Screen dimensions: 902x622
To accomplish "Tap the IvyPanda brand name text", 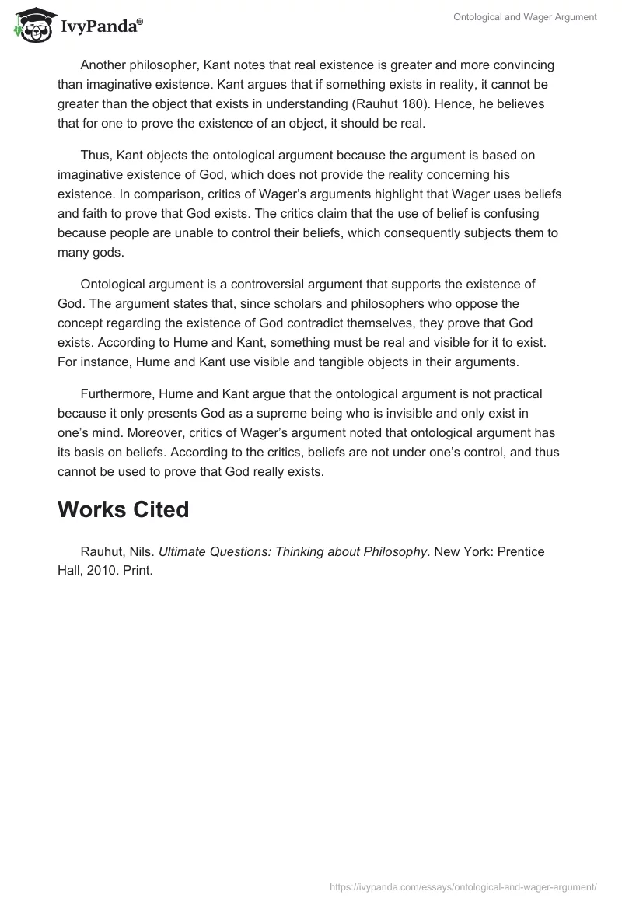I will (x=102, y=28).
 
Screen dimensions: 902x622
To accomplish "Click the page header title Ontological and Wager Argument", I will (x=526, y=18).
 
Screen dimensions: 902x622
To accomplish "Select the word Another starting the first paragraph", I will (x=105, y=65).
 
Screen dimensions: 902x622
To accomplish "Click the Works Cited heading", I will (x=123, y=509).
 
